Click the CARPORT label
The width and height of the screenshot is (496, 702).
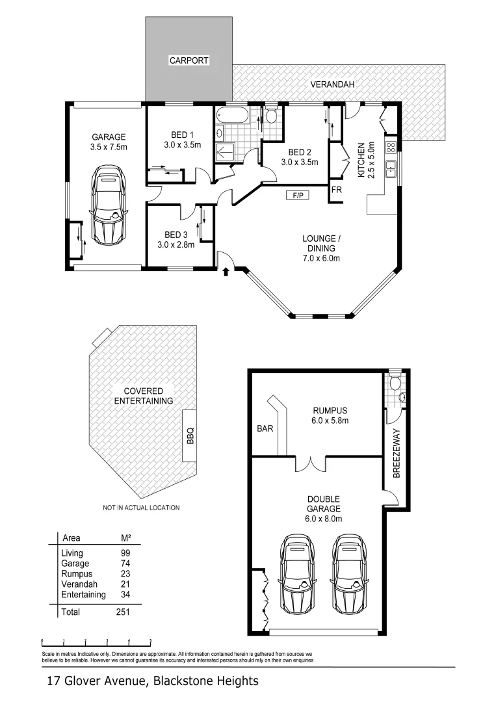tap(189, 60)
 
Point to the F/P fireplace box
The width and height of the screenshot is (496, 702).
tap(296, 195)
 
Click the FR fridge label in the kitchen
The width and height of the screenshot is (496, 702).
tap(336, 190)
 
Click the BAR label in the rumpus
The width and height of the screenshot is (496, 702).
tap(265, 429)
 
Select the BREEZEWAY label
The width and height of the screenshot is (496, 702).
tap(396, 453)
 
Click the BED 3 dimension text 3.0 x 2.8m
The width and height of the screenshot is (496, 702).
tap(176, 245)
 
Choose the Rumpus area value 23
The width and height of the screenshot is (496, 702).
tap(126, 574)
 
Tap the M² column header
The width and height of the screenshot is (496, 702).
tap(126, 538)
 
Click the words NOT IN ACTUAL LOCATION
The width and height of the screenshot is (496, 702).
tap(141, 508)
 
